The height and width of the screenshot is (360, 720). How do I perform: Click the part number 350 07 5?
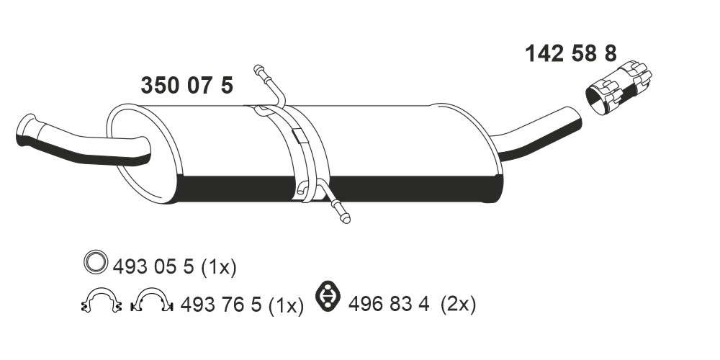pyautogui.click(x=187, y=86)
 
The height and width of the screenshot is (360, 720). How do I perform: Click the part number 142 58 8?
pyautogui.click(x=571, y=54)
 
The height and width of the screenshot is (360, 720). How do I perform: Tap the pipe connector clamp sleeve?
pyautogui.click(x=618, y=88)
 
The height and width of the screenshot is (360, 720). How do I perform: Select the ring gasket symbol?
pyautogui.click(x=96, y=262)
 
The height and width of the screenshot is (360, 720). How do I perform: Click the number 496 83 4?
pyautogui.click(x=389, y=304)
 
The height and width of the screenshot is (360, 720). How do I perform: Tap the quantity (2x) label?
pyautogui.click(x=458, y=304)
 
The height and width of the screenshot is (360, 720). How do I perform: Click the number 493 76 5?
pyautogui.click(x=221, y=304)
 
